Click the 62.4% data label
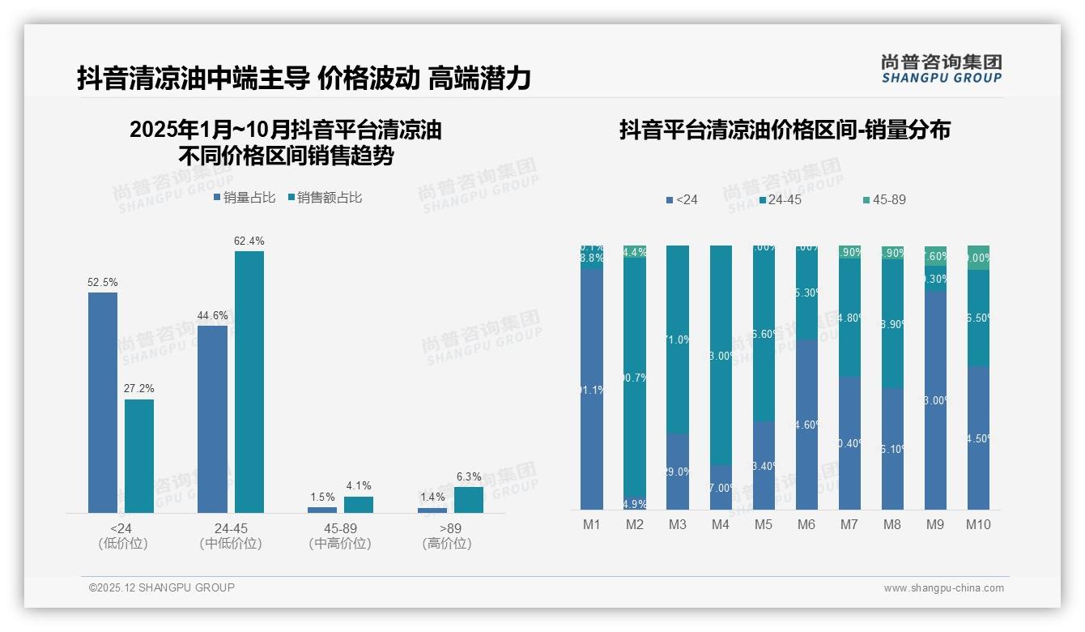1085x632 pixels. (x=249, y=241)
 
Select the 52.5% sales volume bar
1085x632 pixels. (x=103, y=402)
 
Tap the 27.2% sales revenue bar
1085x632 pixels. (x=139, y=455)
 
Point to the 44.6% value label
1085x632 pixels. (x=212, y=316)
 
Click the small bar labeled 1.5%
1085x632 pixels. (x=322, y=510)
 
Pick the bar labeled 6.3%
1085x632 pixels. (x=469, y=500)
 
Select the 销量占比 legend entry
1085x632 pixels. (x=245, y=198)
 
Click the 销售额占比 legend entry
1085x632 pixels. (x=325, y=198)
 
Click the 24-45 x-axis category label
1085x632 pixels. (x=231, y=528)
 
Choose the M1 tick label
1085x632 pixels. (x=592, y=525)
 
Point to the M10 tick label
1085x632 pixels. (x=978, y=525)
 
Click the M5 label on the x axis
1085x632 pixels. (x=764, y=525)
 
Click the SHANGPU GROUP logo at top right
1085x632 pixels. (x=941, y=68)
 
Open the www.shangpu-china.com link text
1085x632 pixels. (x=943, y=588)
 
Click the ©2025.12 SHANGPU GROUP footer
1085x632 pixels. (x=162, y=587)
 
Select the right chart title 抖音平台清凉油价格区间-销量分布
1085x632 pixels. (x=785, y=130)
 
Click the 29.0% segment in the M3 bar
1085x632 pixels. (x=678, y=472)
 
